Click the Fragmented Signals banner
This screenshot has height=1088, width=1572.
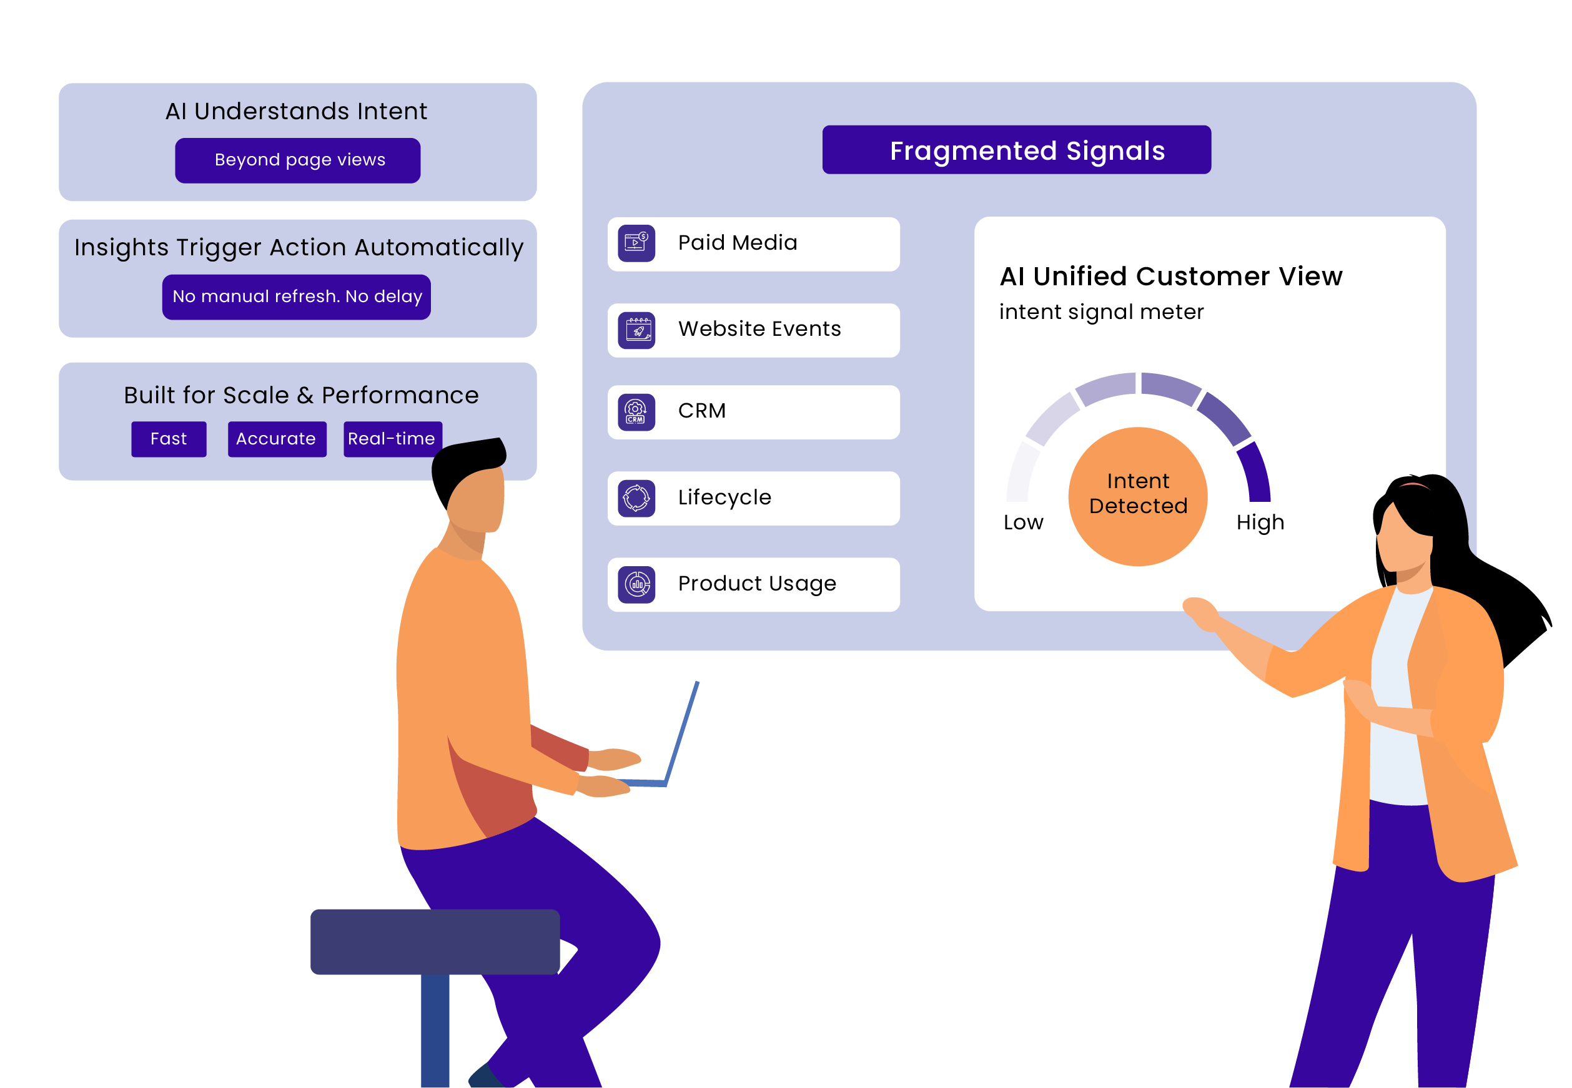tap(1016, 150)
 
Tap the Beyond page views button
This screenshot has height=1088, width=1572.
tap(297, 160)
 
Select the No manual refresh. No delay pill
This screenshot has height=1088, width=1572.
tap(296, 297)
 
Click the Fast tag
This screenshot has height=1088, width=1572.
tap(169, 439)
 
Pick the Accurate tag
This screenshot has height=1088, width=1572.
tap(276, 439)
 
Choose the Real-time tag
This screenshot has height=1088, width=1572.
tap(392, 439)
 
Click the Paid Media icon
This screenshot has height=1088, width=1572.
tap(636, 243)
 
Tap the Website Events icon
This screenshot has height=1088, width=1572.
tap(636, 330)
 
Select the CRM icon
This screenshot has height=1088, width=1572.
tap(636, 412)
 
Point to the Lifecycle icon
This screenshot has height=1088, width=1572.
tap(636, 498)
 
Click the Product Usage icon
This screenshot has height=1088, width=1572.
tap(636, 584)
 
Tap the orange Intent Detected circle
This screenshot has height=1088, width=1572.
tap(1137, 496)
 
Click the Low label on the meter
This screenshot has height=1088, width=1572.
tap(1023, 523)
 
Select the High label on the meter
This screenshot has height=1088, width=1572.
tap(1260, 523)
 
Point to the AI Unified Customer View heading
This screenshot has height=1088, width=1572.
tap(1170, 277)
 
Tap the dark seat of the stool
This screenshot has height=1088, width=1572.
tap(435, 941)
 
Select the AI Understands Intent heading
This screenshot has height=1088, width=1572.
tap(296, 111)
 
